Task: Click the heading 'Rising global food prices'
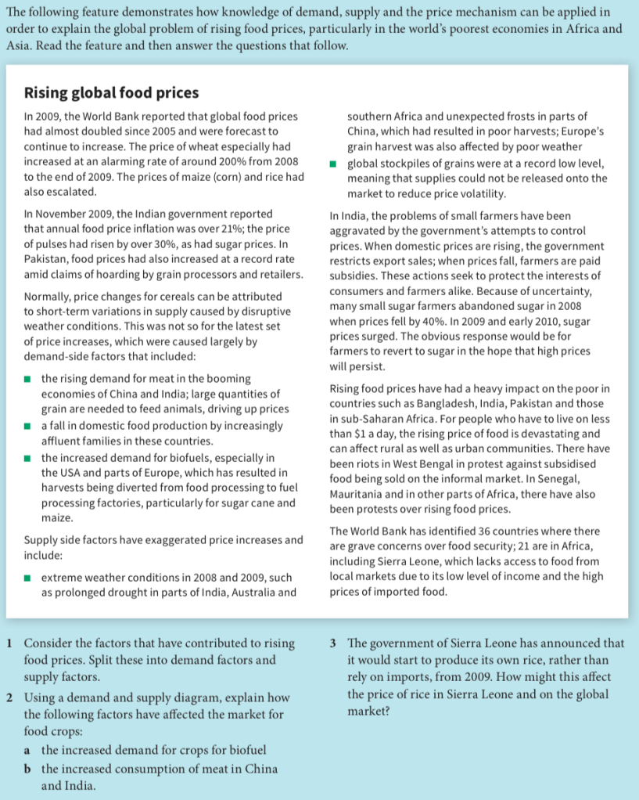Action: tap(112, 93)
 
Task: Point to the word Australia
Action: tap(244, 593)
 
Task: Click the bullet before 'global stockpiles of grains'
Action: tap(334, 163)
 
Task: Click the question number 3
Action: tap(334, 643)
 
